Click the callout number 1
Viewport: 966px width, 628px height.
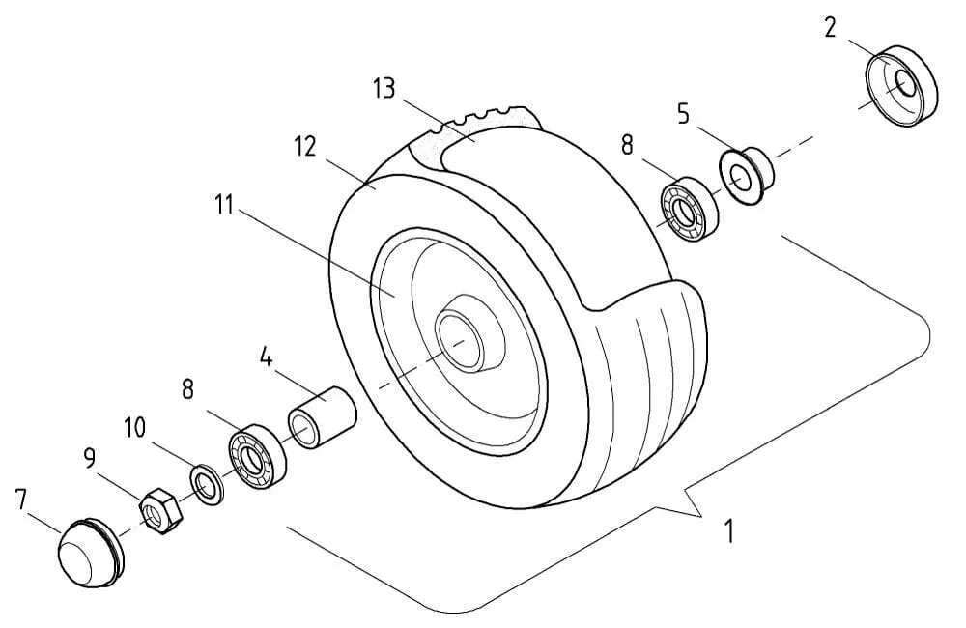point(729,530)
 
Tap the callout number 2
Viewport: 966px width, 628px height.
point(831,28)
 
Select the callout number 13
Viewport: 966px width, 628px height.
point(384,88)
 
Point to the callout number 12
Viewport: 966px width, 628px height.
point(305,147)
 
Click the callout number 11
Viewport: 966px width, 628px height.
point(224,205)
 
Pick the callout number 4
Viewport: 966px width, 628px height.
point(266,357)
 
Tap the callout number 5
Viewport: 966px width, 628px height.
point(683,114)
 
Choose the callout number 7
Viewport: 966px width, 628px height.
point(20,500)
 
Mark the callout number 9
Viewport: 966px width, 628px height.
point(89,458)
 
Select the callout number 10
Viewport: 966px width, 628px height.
point(135,427)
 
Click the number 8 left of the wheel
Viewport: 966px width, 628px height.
point(187,389)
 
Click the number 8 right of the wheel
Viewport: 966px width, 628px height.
point(627,146)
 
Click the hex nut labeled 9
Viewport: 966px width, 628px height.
point(160,511)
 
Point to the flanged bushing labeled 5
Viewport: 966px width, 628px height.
point(747,176)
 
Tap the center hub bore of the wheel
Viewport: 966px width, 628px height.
point(459,341)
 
